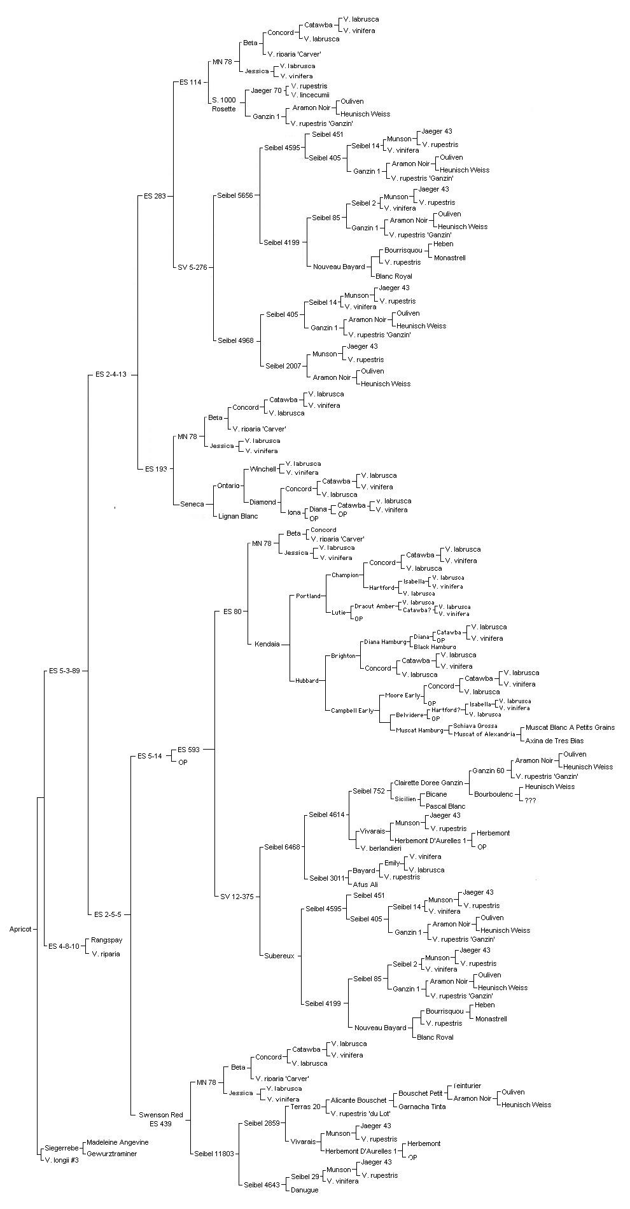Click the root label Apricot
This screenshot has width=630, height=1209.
pos(20,929)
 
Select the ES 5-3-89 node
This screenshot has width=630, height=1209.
pos(64,670)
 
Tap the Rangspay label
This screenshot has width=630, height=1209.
pos(107,940)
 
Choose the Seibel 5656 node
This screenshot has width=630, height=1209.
pos(235,195)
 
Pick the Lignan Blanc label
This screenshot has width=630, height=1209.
pos(238,516)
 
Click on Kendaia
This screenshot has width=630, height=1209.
pos(267,644)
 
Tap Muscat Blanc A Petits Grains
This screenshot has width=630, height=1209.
pos(570,727)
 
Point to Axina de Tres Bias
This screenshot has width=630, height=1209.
pos(554,740)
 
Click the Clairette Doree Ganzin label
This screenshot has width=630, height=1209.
pos(428,783)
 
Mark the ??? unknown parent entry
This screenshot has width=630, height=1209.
pos(530,800)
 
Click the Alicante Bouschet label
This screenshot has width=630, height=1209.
pos(358,1100)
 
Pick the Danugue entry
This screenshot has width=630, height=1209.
pos(304,1190)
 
